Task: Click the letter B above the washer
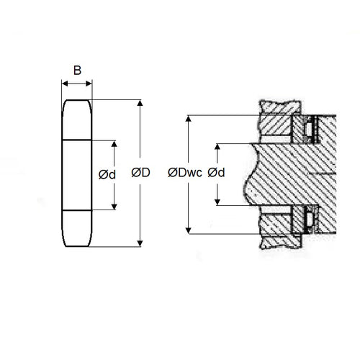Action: point(77,70)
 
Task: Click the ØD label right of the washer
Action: point(141,173)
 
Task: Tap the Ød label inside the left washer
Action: point(106,174)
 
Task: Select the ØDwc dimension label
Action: point(184,173)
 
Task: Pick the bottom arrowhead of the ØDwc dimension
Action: point(188,228)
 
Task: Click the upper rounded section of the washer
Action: point(77,118)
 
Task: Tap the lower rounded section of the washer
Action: point(77,227)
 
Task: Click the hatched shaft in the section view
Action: point(288,173)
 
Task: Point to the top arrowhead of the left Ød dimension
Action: point(114,144)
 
